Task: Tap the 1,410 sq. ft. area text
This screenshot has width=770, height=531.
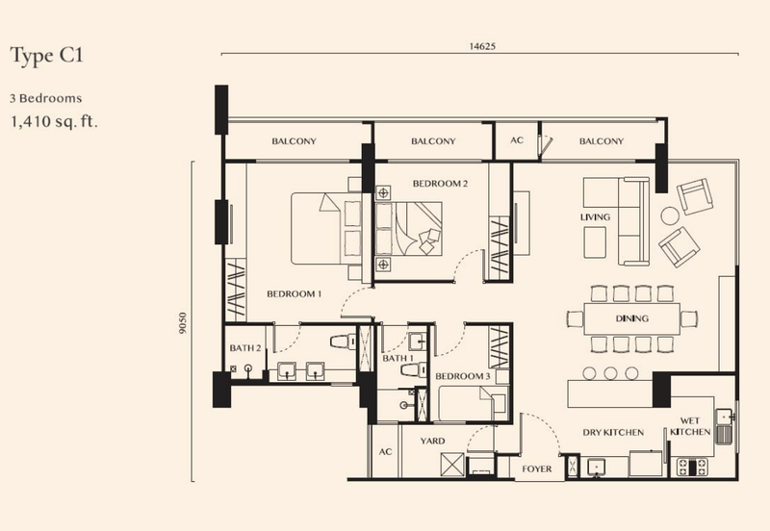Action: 56,122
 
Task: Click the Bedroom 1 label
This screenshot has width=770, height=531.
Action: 294,293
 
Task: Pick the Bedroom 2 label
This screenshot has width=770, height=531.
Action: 440,183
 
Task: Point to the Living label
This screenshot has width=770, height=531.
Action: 595,217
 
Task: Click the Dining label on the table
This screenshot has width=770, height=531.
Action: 631,318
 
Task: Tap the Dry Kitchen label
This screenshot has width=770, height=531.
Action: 612,433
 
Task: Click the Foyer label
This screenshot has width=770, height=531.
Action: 536,469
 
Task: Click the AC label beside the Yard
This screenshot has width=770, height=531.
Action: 385,451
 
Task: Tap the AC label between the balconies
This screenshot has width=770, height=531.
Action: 517,141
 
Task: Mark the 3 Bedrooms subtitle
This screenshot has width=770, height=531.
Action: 45,98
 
